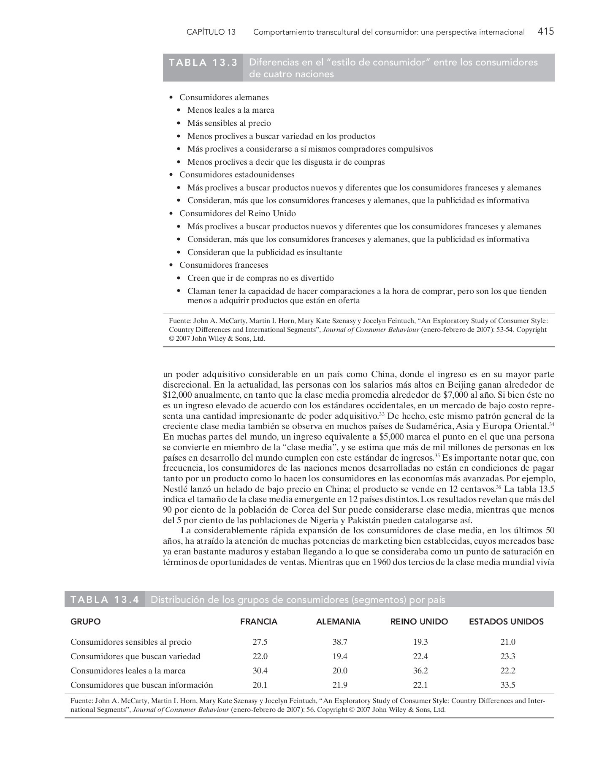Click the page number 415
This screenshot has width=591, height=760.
pyautogui.click(x=546, y=31)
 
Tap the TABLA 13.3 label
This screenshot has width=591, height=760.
pyautogui.click(x=203, y=62)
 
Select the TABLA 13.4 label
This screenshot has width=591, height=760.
pyautogui.click(x=105, y=600)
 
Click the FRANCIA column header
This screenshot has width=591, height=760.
pyautogui.click(x=259, y=622)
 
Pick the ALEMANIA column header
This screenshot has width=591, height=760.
pyautogui.click(x=338, y=622)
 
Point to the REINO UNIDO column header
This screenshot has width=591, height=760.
pyautogui.click(x=419, y=622)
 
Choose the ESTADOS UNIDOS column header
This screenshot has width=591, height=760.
pyautogui.click(x=506, y=622)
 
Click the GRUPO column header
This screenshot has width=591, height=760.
pyautogui.click(x=86, y=622)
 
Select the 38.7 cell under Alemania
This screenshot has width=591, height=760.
pyautogui.click(x=340, y=642)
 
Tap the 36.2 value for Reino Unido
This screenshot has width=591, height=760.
pyautogui.click(x=420, y=670)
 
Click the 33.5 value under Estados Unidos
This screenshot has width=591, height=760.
pyautogui.click(x=508, y=685)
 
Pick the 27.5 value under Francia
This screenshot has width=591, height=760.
pyautogui.click(x=260, y=642)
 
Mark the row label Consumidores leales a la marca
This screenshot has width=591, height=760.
pyautogui.click(x=128, y=670)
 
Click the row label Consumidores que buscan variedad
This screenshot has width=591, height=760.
pyautogui.click(x=136, y=656)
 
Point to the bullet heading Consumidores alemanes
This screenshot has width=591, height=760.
pyautogui.click(x=224, y=98)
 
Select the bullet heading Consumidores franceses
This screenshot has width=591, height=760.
pyautogui.click(x=224, y=265)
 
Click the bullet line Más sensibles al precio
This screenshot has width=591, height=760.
pyautogui.click(x=229, y=123)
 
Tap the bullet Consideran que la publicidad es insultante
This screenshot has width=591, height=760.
pyautogui.click(x=265, y=252)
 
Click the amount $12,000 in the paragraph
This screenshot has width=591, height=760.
pyautogui.click(x=178, y=395)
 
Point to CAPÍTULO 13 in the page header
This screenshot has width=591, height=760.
pyautogui.click(x=211, y=32)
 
